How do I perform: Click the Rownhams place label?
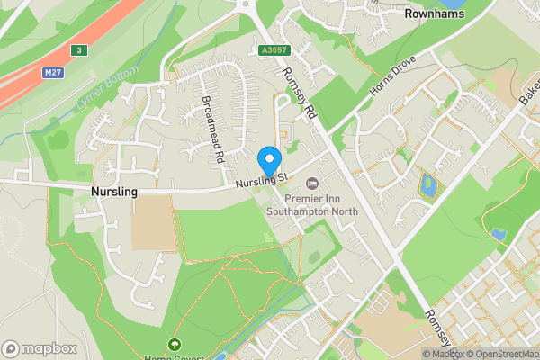pyautogui.click(x=436, y=14)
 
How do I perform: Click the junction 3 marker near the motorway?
pyautogui.click(x=80, y=51)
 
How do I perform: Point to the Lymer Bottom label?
pyautogui.click(x=108, y=90)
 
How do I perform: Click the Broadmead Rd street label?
pyautogui.click(x=212, y=130)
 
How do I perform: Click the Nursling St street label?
pyautogui.click(x=261, y=182)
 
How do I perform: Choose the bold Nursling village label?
pyautogui.click(x=114, y=193)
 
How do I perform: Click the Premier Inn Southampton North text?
pyautogui.click(x=312, y=205)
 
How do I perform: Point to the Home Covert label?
pyautogui.click(x=173, y=356)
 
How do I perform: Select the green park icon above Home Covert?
pyautogui.click(x=173, y=344)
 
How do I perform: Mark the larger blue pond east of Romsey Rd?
pyautogui.click(x=428, y=186)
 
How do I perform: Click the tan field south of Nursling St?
pyautogui.click(x=155, y=221)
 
